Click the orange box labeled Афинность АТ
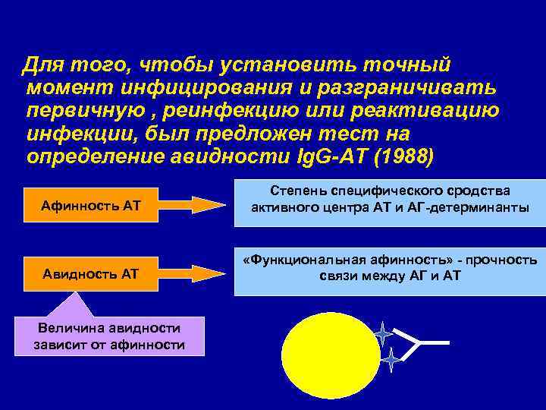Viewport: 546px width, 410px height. (92, 205)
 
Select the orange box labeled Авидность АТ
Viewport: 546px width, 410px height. (92, 273)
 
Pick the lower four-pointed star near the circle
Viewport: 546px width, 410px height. (391, 360)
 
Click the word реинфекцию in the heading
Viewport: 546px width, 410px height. (222, 111)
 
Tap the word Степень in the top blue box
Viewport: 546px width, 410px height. (296, 191)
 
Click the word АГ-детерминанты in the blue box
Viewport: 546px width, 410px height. (471, 207)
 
